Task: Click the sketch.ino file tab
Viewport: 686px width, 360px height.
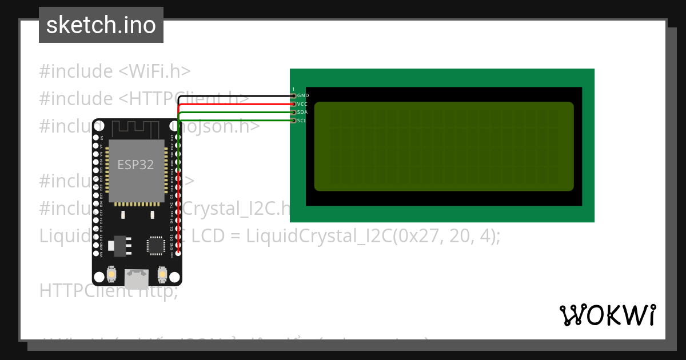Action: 101,25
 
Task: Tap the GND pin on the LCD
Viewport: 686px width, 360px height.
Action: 294,95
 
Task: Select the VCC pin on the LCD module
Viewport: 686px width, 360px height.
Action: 294,104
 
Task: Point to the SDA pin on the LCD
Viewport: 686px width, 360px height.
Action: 294,112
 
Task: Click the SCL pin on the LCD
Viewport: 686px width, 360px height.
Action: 294,121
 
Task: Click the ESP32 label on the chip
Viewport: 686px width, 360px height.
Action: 135,165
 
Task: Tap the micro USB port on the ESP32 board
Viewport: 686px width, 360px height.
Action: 137,278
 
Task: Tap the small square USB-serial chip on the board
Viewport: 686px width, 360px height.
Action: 155,245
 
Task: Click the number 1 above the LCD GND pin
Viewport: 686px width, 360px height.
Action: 293,89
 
